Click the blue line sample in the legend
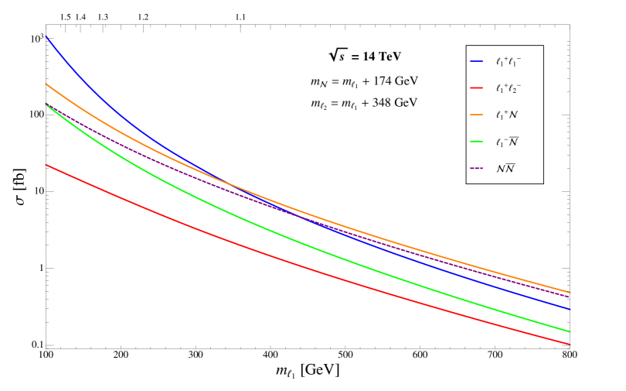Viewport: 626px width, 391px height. coord(476,61)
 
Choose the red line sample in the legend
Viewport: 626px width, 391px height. coord(476,88)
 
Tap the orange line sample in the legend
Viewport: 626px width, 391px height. coord(476,115)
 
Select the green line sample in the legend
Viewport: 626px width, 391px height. coord(476,142)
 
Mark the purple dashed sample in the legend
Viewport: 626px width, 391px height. coord(476,168)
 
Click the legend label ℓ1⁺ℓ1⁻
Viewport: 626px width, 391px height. coord(509,61)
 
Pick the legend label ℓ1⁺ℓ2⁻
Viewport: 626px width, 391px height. coord(509,88)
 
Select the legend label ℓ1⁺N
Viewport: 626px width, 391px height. coord(507,115)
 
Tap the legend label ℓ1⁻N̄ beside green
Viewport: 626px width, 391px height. coord(507,142)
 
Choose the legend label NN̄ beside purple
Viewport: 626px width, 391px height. coord(506,168)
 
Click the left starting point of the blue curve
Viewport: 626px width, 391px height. coord(46,36)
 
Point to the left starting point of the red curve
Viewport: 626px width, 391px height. coord(46,164)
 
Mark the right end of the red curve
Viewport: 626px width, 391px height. coord(570,345)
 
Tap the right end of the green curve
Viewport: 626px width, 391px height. coord(570,331)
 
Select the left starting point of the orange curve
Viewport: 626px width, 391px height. coord(46,84)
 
